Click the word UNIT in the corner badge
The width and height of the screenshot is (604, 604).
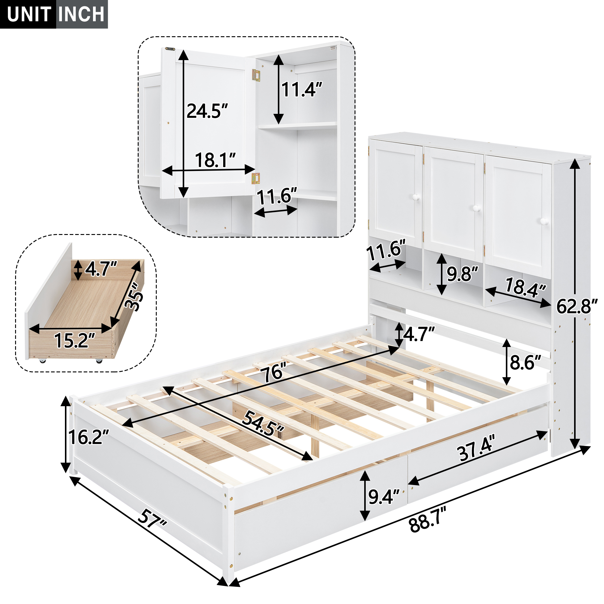point(29,14)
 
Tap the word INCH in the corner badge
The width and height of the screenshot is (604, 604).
point(81,14)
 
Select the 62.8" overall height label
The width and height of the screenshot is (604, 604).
point(577,306)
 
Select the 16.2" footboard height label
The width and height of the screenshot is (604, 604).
point(88,437)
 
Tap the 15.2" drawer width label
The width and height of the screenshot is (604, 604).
point(74,340)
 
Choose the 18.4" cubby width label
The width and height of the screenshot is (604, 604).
point(525,287)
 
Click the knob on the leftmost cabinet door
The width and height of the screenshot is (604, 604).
point(416,197)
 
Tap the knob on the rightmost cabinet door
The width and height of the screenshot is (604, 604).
point(544,221)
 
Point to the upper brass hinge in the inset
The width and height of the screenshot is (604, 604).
point(256,75)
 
